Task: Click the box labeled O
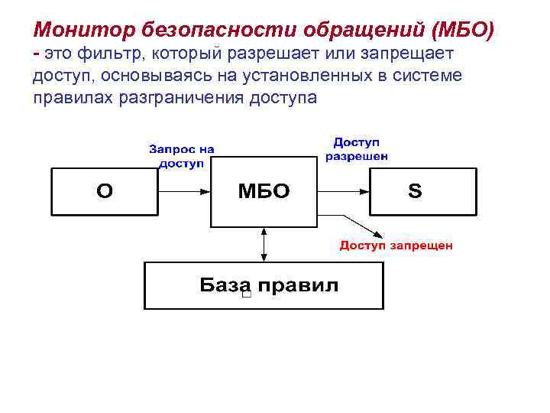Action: coord(104,191)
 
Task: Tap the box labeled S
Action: coord(422,191)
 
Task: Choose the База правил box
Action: coord(264,285)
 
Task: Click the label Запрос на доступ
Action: coord(181,156)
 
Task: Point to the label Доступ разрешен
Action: coord(357,149)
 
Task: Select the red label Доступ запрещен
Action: coord(396,246)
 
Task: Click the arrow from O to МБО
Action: coord(183,191)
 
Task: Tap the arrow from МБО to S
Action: coord(343,191)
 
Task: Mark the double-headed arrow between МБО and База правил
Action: coord(264,245)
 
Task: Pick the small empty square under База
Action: coord(245,295)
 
